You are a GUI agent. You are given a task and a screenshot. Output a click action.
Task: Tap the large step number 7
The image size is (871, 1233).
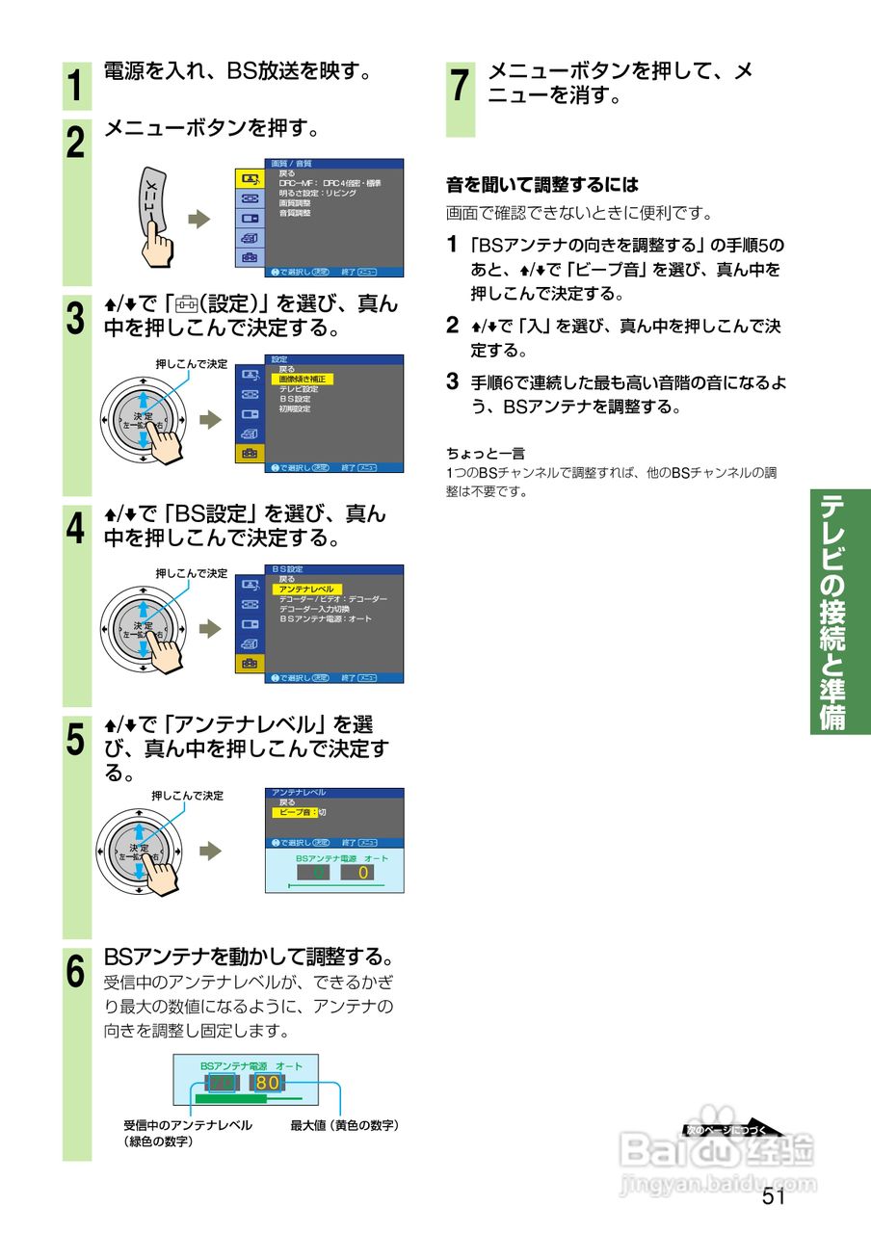click(461, 86)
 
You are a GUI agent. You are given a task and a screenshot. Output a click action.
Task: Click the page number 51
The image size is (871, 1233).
click(774, 1196)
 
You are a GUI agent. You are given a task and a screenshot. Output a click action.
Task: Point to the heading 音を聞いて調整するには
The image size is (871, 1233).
click(541, 184)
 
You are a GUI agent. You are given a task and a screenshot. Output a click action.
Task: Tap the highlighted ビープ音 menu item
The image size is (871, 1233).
click(294, 813)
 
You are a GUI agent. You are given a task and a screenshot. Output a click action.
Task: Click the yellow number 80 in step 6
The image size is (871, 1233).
click(268, 1083)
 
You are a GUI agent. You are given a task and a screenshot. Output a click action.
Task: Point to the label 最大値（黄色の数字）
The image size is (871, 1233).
click(345, 1125)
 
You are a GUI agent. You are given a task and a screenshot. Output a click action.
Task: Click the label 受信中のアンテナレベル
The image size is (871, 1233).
click(188, 1125)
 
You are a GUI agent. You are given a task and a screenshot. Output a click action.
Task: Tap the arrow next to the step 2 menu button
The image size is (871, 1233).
click(198, 221)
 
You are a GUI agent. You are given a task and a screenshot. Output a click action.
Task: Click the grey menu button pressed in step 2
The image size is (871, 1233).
click(152, 202)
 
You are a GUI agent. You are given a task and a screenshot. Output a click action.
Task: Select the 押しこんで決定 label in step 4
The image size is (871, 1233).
click(192, 573)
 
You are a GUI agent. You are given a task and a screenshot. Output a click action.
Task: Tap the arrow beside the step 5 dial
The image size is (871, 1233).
click(210, 851)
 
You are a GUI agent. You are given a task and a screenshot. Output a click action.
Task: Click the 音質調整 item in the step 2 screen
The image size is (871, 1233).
click(295, 213)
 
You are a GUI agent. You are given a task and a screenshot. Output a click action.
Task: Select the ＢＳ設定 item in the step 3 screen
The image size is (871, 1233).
click(295, 398)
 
